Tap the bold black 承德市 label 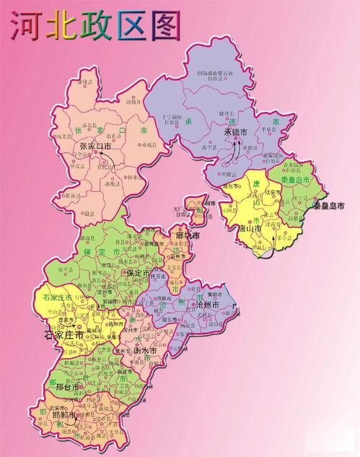click(x=235, y=133)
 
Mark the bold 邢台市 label click(x=71, y=387)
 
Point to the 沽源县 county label click(x=134, y=103)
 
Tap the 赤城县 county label click(x=149, y=145)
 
